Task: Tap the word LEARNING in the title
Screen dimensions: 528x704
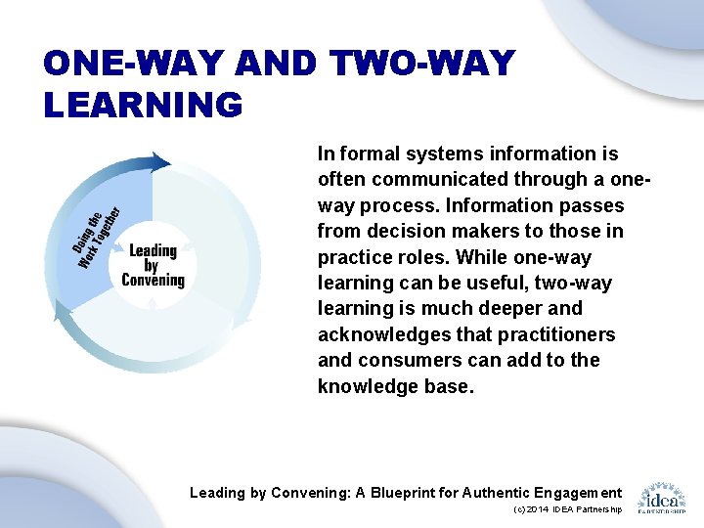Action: (x=143, y=105)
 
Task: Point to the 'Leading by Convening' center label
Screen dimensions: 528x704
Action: (x=153, y=265)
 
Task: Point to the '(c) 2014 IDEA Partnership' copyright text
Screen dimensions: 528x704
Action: (x=566, y=510)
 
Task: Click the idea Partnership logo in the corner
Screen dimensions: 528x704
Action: (x=661, y=497)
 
